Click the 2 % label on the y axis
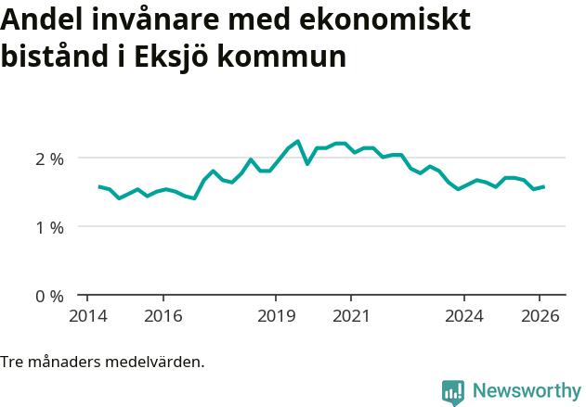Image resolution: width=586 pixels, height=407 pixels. [49, 159]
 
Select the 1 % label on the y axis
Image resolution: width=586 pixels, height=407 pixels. [49, 227]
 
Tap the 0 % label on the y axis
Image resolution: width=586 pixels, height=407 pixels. [49, 296]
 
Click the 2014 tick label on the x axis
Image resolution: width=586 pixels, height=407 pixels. [87, 315]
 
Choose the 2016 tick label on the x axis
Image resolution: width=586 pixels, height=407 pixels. [163, 315]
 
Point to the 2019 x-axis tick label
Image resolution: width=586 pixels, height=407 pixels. [276, 315]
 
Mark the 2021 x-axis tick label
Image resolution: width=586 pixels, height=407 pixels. [351, 315]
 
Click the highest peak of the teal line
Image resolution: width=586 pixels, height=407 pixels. [298, 141]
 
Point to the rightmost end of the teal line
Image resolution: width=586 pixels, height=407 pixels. [543, 186]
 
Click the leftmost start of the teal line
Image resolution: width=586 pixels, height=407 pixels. [99, 186]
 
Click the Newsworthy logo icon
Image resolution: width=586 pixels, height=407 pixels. [453, 392]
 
